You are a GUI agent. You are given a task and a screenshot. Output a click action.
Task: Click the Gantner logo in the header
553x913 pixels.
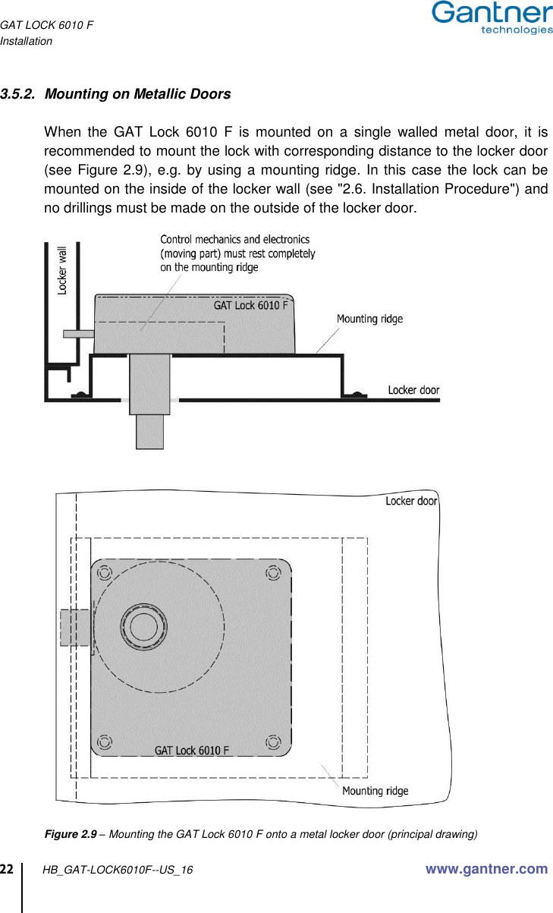coord(492,18)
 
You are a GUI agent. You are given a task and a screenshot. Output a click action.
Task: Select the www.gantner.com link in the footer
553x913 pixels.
coord(486,869)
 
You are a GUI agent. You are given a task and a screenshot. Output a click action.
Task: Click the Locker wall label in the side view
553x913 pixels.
coord(62,269)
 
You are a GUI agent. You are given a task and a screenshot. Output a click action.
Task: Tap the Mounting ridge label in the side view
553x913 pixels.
coord(369,319)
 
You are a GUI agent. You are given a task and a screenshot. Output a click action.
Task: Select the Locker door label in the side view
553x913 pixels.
coord(413,390)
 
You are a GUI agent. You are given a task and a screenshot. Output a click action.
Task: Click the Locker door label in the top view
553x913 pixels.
coord(411,501)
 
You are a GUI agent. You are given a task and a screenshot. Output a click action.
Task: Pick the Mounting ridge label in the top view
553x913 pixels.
coord(375,791)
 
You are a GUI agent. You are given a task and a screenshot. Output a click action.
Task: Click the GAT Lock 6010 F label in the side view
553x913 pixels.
coord(250,305)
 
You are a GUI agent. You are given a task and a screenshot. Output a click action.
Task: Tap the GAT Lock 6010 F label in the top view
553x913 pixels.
coord(192,751)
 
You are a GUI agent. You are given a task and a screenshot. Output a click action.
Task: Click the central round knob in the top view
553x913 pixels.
coord(143,627)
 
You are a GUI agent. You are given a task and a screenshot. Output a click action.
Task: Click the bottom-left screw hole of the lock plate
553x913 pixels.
coord(105,741)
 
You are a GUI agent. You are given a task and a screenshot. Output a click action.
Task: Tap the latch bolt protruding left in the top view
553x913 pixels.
coord(74,628)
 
